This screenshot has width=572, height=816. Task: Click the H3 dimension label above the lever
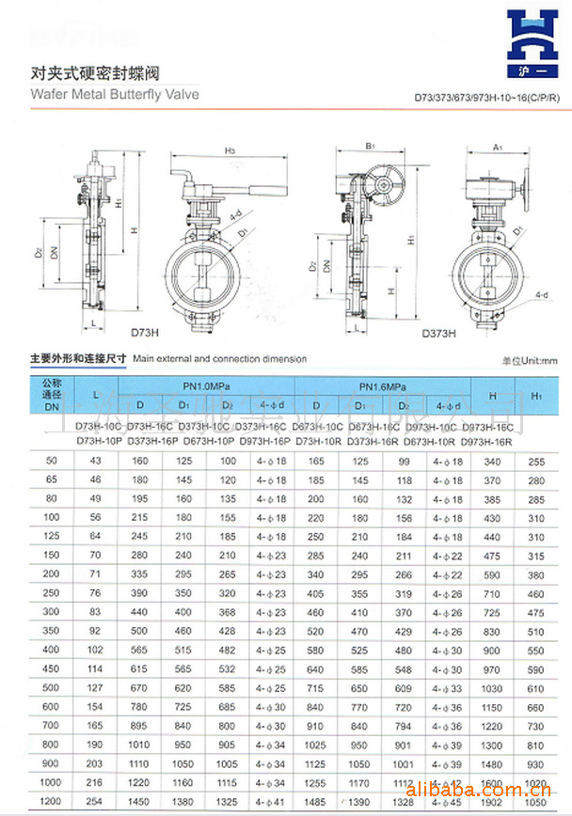click(x=230, y=149)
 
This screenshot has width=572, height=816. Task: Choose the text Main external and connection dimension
click(x=219, y=359)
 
